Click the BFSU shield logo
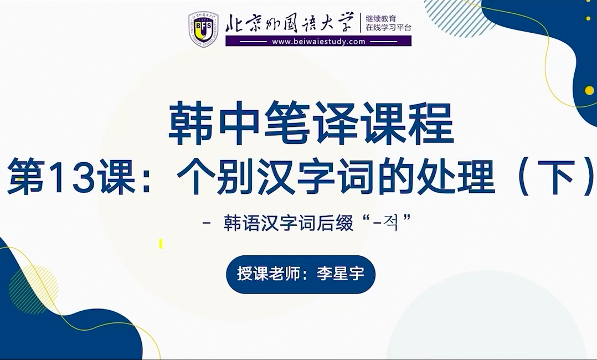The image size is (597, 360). click(203, 29)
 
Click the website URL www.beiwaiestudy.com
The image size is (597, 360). click(318, 42)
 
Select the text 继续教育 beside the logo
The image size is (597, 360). click(381, 18)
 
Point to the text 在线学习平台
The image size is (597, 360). click(388, 28)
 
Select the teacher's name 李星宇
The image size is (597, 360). click(341, 274)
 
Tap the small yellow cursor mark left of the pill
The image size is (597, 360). click(161, 244)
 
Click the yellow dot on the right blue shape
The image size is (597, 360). click(589, 91)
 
